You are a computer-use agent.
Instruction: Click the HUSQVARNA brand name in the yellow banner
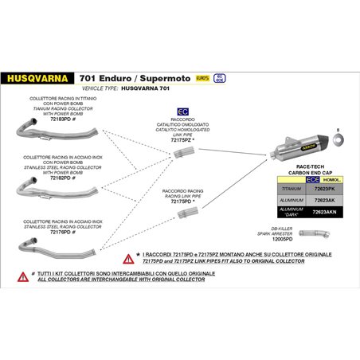coord(37,79)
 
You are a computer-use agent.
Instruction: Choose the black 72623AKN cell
coord(325,213)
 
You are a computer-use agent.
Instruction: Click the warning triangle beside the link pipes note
coord(128,257)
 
